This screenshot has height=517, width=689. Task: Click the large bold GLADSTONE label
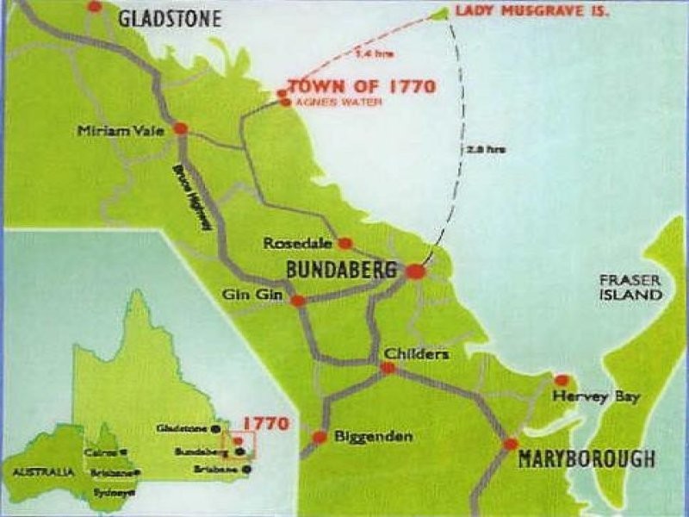(x=170, y=19)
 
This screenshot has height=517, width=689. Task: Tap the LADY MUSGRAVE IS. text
(x=531, y=12)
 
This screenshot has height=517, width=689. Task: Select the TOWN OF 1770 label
(x=362, y=86)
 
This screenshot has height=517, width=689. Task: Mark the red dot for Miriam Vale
(x=180, y=128)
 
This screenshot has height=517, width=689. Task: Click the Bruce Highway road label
(x=195, y=197)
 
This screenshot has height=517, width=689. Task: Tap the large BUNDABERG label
(x=342, y=271)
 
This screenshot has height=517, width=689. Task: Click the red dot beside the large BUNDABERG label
(x=415, y=271)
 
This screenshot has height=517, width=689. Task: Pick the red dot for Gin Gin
(x=298, y=301)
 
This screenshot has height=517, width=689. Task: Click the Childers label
(x=417, y=353)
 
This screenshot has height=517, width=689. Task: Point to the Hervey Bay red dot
(x=562, y=380)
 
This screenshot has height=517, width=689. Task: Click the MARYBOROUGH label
(x=587, y=459)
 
